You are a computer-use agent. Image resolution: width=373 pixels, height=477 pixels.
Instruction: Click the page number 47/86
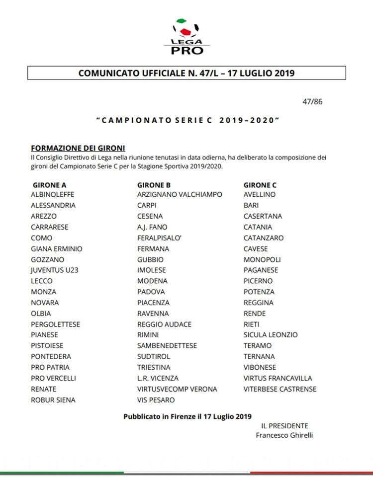tap(312, 102)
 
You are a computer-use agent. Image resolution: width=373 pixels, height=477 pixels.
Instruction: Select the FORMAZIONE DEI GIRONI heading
tap(78, 148)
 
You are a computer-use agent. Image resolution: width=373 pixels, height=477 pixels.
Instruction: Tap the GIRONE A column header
tap(53, 185)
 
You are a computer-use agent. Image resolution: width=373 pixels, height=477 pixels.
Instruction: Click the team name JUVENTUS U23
tap(55, 270)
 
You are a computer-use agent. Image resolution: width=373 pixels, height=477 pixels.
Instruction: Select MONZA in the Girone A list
tap(43, 292)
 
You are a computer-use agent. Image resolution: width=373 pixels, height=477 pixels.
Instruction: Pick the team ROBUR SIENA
tap(53, 400)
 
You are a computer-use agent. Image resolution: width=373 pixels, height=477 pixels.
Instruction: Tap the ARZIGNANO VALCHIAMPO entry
tap(180, 195)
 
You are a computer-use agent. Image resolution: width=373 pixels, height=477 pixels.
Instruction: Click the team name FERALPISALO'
tap(160, 238)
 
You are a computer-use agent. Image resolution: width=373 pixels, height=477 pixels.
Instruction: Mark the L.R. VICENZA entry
tap(158, 378)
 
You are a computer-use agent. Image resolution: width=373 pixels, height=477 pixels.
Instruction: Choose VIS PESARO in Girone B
tap(156, 400)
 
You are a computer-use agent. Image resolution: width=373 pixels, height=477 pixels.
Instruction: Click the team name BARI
tap(252, 205)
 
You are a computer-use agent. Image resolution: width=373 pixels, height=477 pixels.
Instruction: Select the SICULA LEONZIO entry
tap(271, 335)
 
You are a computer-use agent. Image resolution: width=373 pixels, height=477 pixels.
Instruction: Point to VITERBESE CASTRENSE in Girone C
tap(280, 389)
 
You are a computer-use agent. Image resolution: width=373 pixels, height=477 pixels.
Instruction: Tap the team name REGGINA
tap(259, 303)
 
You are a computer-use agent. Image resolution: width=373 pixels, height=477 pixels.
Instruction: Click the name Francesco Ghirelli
tap(284, 435)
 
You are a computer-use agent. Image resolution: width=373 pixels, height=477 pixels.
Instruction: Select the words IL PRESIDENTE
tap(284, 426)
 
